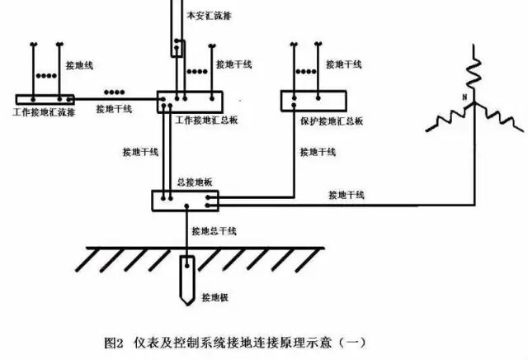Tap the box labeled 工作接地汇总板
pyautogui.click(x=190, y=102)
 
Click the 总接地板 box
pyautogui.click(x=186, y=199)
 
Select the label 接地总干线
pyautogui.click(x=214, y=232)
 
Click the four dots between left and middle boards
pyautogui.click(x=115, y=91)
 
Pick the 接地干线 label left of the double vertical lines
pyautogui.click(x=138, y=152)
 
